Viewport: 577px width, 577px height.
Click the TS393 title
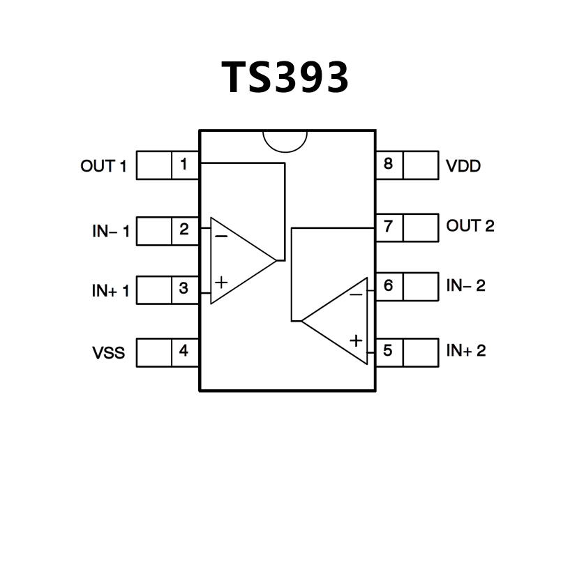tap(286, 77)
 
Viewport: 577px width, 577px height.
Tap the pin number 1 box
tap(184, 165)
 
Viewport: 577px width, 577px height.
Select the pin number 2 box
tap(184, 230)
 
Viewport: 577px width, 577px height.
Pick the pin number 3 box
tap(184, 289)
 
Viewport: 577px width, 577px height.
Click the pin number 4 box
tap(184, 351)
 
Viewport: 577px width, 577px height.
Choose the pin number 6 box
tap(389, 286)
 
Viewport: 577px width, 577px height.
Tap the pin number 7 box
tap(389, 227)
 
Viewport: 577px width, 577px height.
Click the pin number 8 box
tap(389, 165)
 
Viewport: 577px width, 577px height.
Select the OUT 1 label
tap(104, 166)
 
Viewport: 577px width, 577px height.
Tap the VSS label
tap(109, 352)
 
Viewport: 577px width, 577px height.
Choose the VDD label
tap(463, 167)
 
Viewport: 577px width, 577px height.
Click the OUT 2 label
tap(470, 226)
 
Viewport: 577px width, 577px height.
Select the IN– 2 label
tap(466, 285)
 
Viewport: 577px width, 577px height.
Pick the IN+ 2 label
tap(466, 350)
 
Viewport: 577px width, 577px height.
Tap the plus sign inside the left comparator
tap(221, 283)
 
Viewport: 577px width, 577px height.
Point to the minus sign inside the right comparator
tap(356, 294)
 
